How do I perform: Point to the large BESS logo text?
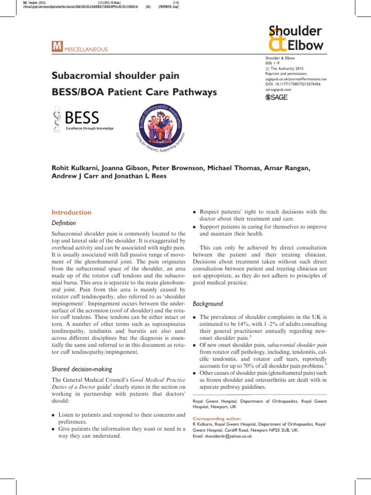click(82, 117)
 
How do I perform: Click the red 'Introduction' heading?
click(71, 212)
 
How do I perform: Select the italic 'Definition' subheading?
click(63, 223)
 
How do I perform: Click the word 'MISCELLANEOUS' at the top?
click(86, 49)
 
